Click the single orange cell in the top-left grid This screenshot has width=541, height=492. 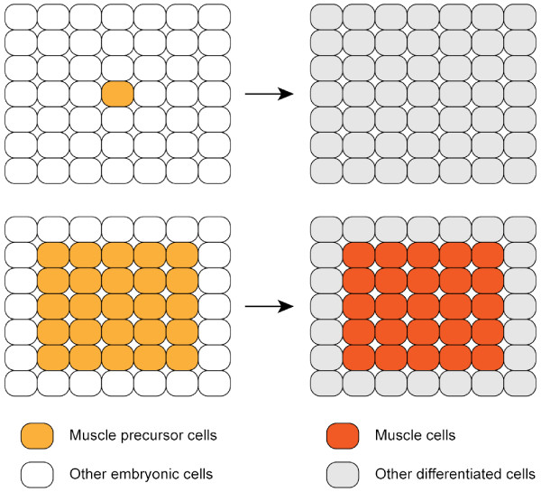(x=118, y=93)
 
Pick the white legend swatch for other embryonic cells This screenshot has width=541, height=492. (x=37, y=472)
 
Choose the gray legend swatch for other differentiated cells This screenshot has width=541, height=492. (x=344, y=472)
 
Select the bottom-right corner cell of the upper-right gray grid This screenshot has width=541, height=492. (x=520, y=170)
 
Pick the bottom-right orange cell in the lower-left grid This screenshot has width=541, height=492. (x=182, y=358)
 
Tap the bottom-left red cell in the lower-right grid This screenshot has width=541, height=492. (x=359, y=358)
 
